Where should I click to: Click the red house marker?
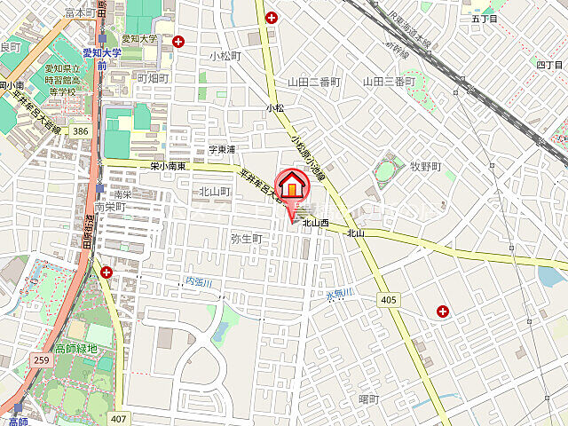pos(292,187)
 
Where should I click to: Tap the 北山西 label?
pos(315,224)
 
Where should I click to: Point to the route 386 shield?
pos(81,130)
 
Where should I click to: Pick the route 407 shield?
pos(119,417)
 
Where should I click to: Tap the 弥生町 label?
pos(247,239)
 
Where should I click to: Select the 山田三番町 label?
pos(389,82)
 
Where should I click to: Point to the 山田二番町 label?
pos(314,82)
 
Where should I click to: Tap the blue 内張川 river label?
pos(201,282)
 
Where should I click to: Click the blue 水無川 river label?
pos(338,293)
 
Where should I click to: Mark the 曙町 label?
pos(368,399)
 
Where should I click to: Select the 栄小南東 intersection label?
pos(168,166)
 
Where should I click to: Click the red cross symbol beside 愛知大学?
pos(179,40)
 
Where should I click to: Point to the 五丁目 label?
pos(485,18)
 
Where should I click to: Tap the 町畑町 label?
pos(153,78)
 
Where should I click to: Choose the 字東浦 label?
pos(222,149)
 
